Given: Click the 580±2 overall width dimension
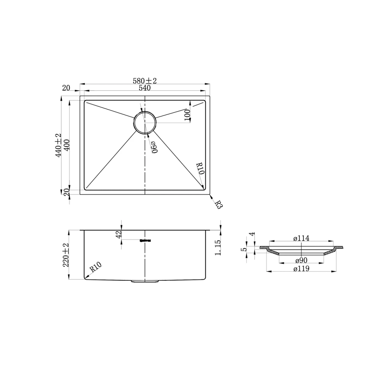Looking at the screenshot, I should tap(144, 81).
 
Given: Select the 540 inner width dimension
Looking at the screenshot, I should tap(144, 88).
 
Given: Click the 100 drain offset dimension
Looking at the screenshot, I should tap(187, 115).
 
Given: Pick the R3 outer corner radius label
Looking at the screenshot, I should tap(219, 205).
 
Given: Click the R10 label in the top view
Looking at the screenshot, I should tap(200, 168).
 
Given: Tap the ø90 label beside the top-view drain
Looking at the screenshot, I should tap(153, 147).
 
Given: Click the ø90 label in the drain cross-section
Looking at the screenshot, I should tap(301, 261).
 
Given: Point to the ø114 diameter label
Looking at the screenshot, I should tap(301, 239).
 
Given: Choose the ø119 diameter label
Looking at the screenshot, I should tap(301, 268).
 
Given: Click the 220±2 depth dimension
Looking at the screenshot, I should tap(66, 255).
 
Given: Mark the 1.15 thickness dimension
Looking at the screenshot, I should tap(218, 248).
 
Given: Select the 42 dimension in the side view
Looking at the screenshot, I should tap(119, 234).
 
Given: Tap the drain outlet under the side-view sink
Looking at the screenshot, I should tap(145, 281).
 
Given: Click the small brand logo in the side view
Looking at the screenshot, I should tap(145, 240).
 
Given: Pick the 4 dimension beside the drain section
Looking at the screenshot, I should tap(251, 234).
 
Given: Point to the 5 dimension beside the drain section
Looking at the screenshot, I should tap(244, 250).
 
